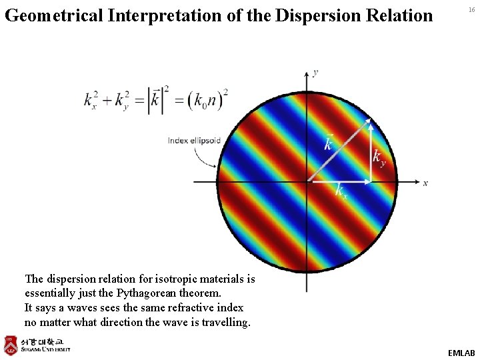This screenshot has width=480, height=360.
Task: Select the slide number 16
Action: click(471, 11)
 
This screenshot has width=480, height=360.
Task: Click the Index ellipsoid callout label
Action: click(194, 141)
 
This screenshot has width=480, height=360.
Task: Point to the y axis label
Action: click(315, 72)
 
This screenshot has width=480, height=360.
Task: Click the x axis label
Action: click(425, 183)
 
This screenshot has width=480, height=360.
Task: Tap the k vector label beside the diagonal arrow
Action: click(328, 142)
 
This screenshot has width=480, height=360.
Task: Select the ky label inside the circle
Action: click(379, 158)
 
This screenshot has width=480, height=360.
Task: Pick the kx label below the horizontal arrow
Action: click(341, 190)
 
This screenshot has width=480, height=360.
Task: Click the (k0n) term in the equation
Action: click(207, 101)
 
